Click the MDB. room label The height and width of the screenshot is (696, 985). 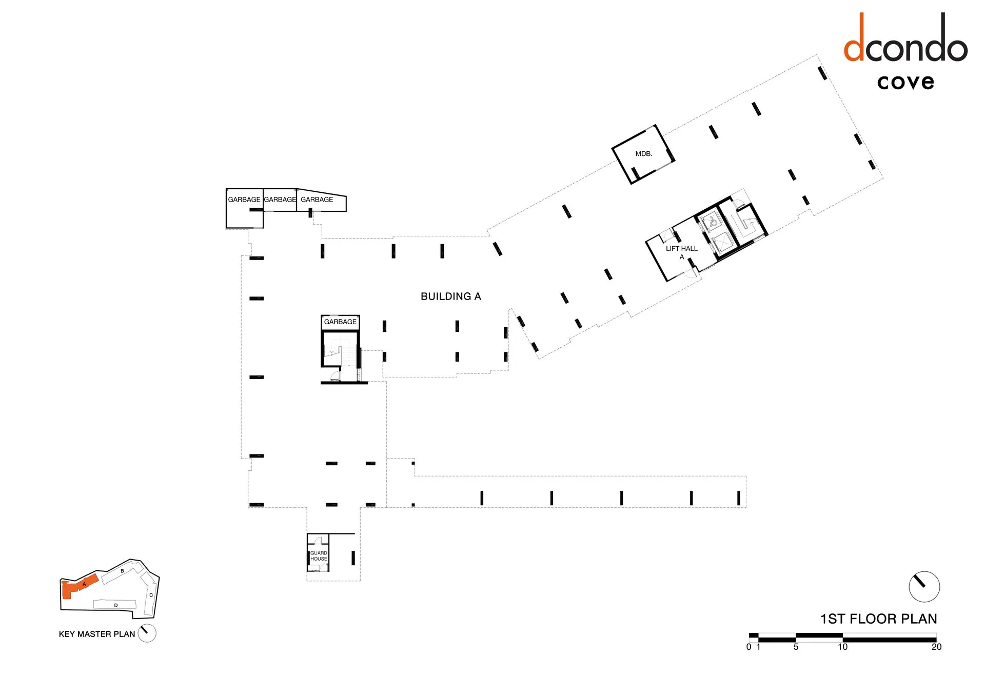pos(643,154)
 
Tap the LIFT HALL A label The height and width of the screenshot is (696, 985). pos(681,252)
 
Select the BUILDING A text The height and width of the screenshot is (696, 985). pos(451,296)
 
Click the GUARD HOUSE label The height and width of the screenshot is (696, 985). pos(319,556)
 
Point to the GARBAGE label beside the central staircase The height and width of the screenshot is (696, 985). pos(340,322)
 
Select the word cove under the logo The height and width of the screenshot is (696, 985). pos(905,82)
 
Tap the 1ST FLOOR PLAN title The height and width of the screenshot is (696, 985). pos(878,619)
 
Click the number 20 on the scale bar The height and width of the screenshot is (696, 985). pos(936,647)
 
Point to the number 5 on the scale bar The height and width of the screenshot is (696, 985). pos(796,647)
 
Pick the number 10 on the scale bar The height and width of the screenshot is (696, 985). pos(842,647)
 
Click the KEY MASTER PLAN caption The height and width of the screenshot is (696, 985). pos(97,634)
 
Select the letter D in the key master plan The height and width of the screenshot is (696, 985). pos(116,606)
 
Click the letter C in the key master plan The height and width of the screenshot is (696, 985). pos(151,595)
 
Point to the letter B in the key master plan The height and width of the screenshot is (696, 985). pos(122,571)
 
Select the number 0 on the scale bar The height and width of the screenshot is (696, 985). pos(749,647)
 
